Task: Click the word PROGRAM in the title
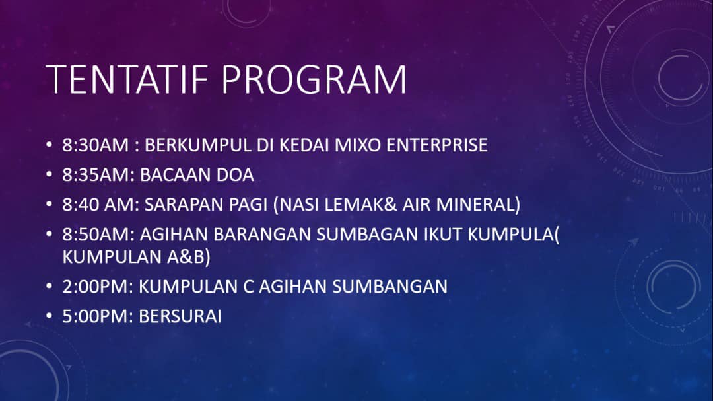coord(314,80)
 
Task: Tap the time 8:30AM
coord(96,145)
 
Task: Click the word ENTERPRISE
coord(437,145)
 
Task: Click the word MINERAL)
coord(478,204)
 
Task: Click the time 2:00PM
coord(98,286)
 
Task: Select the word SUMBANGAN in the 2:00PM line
coord(390,286)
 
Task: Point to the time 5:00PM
coord(98,316)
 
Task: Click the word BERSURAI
coord(180,316)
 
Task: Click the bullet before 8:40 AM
coord(49,204)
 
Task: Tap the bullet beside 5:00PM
coord(49,316)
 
